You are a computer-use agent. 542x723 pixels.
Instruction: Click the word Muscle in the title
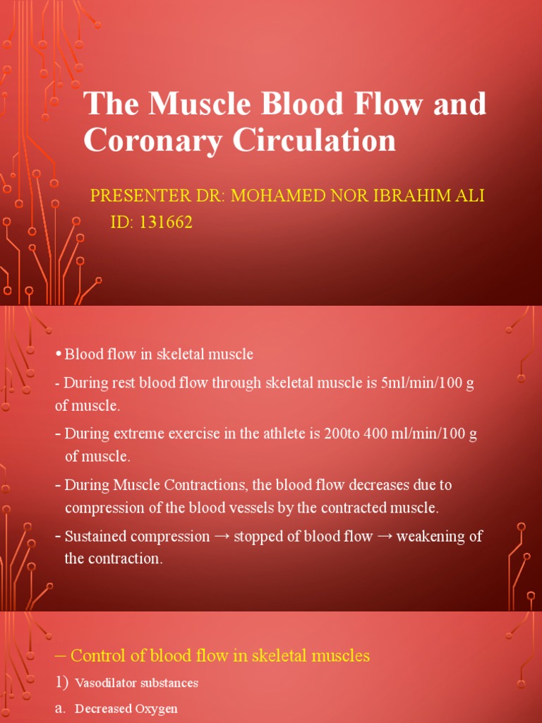184,105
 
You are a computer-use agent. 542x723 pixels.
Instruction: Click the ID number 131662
166,223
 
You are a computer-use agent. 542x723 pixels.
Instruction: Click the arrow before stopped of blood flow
222,537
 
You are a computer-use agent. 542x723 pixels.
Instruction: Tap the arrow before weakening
384,537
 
